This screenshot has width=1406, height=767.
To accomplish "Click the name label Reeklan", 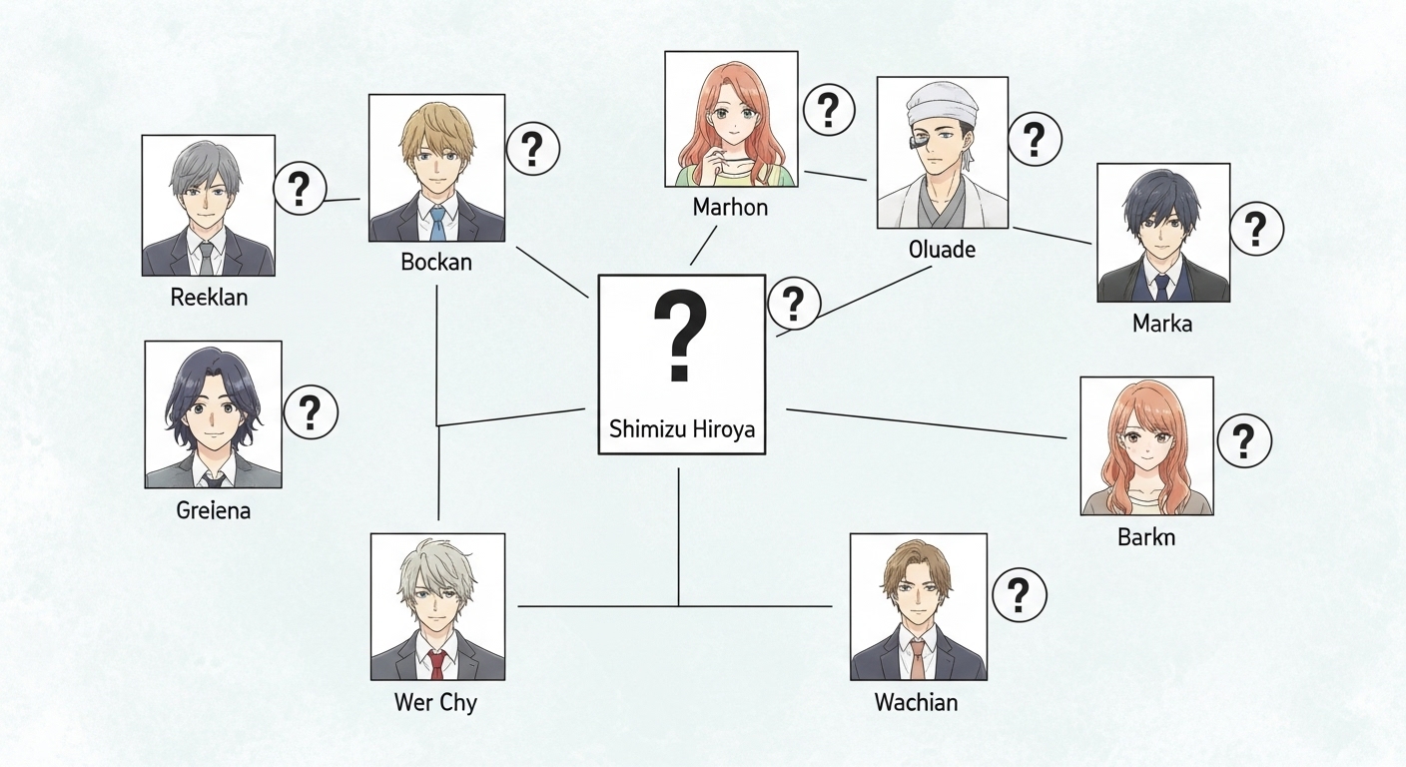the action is click(x=209, y=297).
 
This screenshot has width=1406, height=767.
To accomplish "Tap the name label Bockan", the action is click(x=436, y=262).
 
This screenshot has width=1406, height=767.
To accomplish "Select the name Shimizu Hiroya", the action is click(x=682, y=429).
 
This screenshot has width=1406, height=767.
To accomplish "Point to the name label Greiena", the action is click(x=214, y=510).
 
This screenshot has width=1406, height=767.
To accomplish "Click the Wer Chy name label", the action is click(x=435, y=702).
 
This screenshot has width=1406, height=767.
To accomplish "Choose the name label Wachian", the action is click(x=916, y=702).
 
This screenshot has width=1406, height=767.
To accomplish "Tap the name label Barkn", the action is click(x=1146, y=537).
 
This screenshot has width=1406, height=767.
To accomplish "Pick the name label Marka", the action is click(x=1161, y=324).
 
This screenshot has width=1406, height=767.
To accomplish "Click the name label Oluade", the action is click(x=942, y=250).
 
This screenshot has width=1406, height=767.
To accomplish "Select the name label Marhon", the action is click(x=730, y=207).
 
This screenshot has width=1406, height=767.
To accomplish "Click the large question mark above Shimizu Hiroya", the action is click(x=680, y=336).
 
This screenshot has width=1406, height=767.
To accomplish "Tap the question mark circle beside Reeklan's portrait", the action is click(x=300, y=189).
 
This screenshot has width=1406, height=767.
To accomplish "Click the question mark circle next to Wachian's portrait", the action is click(x=1020, y=595).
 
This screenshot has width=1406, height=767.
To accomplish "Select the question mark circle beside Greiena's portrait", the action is click(x=311, y=412).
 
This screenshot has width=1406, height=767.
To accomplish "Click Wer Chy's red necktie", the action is click(x=436, y=665).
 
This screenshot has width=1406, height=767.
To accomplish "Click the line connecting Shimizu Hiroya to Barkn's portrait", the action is click(x=927, y=423).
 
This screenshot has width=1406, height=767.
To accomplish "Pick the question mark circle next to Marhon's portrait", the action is click(x=829, y=109).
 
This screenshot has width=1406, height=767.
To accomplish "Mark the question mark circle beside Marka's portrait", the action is click(x=1256, y=229).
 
